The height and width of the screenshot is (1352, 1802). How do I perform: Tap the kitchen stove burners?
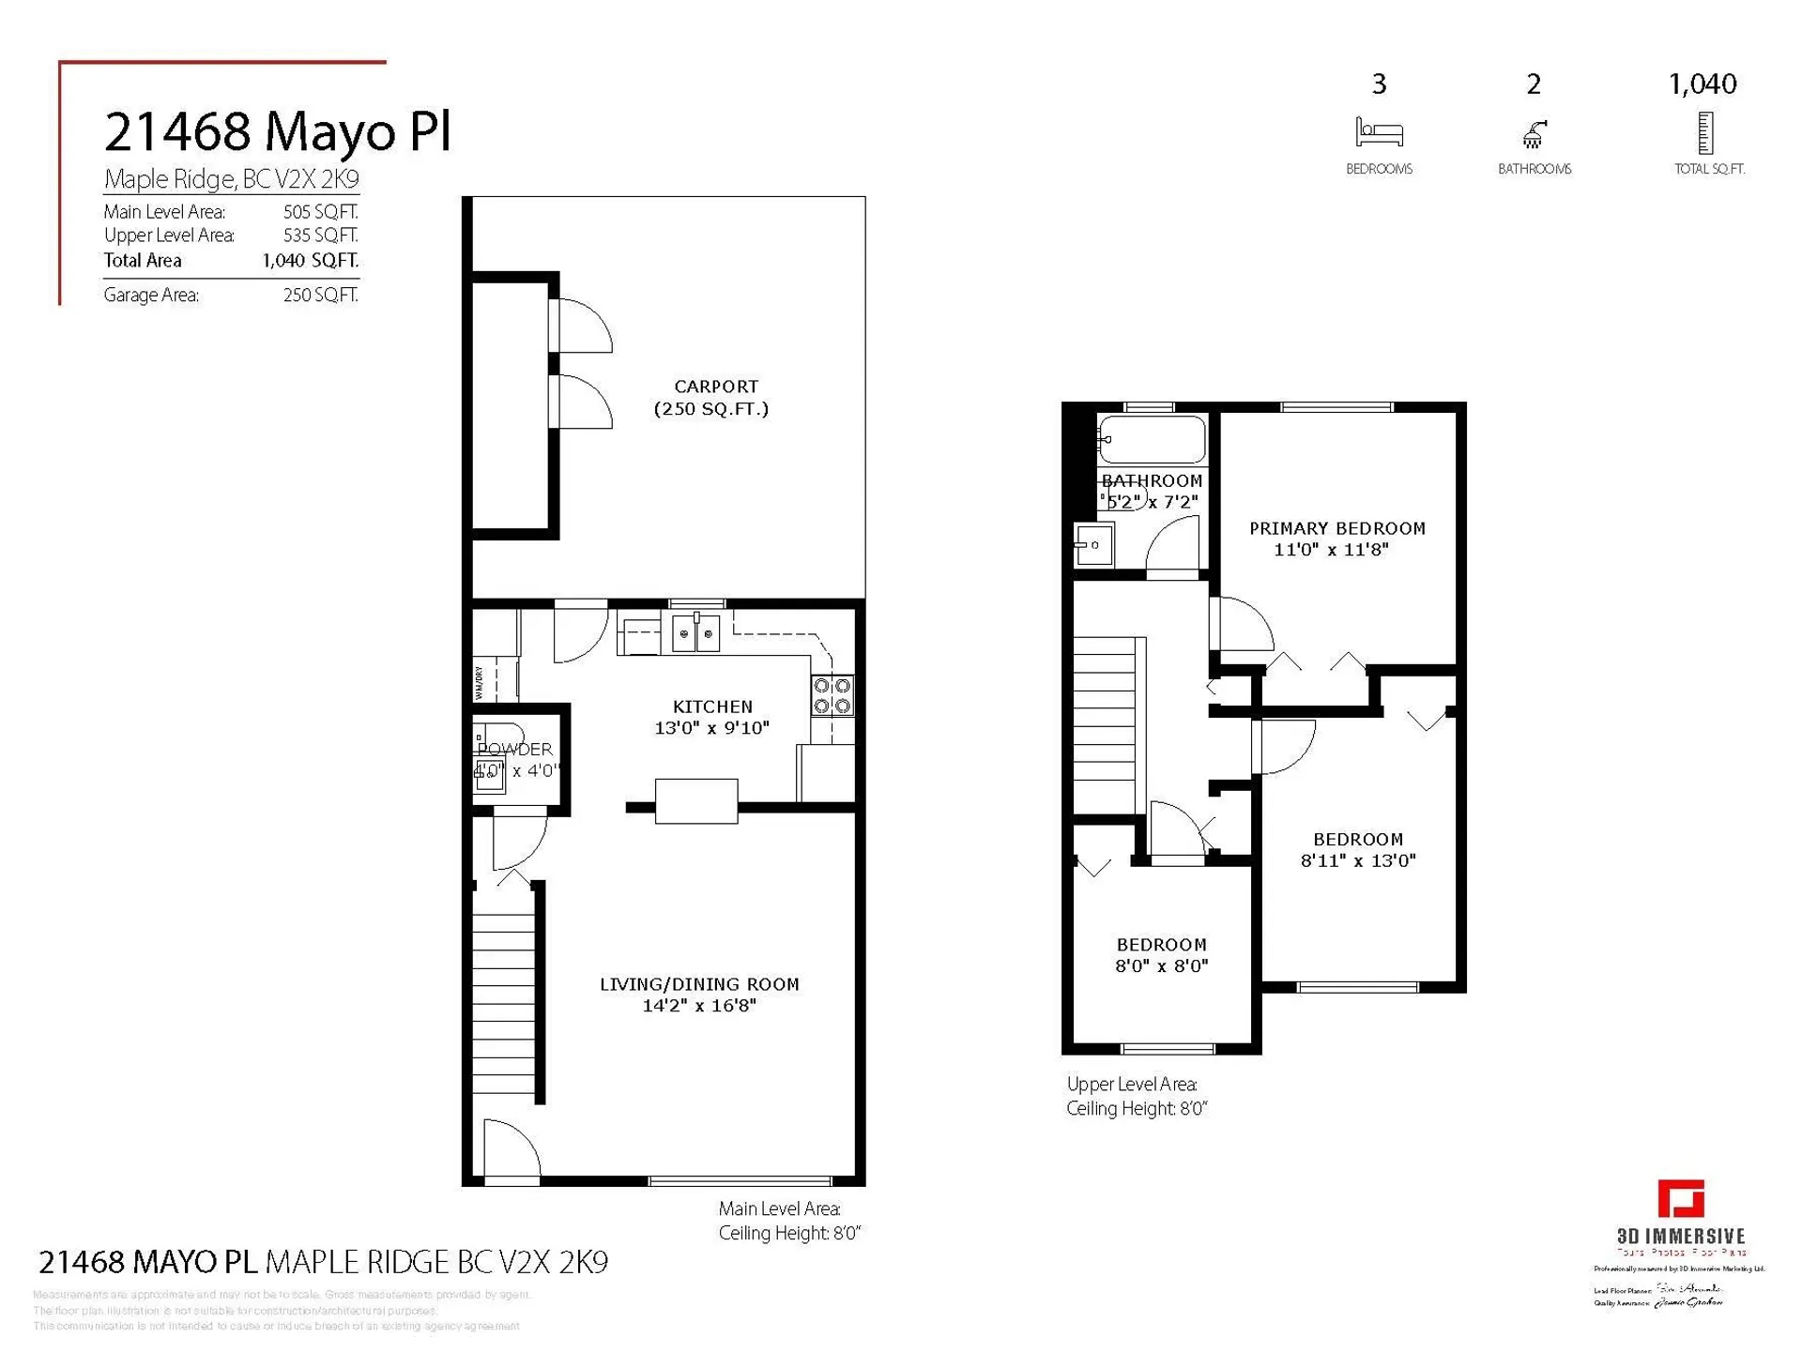(832, 696)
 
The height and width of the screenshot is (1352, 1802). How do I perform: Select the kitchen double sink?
(695, 633)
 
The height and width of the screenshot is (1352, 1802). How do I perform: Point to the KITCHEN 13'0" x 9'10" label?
(711, 717)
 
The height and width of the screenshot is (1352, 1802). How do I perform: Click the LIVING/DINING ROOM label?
(699, 995)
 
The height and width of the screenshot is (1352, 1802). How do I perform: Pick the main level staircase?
(504, 995)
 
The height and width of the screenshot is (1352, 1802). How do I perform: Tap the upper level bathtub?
(1153, 439)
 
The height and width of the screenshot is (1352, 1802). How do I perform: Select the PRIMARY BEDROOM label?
(1336, 539)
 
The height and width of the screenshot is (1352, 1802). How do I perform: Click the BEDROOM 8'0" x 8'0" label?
(1161, 955)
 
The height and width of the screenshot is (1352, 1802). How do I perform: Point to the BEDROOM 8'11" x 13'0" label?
(1357, 850)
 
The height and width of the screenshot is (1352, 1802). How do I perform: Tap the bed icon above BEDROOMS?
(1379, 132)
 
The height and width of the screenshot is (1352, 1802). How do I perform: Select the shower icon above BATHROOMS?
(1534, 134)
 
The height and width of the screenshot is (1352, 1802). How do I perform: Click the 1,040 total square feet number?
(1702, 84)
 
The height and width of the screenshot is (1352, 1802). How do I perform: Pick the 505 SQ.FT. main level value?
(320, 212)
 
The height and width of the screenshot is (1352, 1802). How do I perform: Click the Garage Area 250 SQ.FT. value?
(320, 295)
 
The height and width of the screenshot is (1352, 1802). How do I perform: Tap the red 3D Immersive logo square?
(1681, 1198)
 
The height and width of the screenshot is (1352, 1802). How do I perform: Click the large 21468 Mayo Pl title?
(277, 130)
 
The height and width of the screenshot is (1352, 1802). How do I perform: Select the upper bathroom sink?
(1094, 545)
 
